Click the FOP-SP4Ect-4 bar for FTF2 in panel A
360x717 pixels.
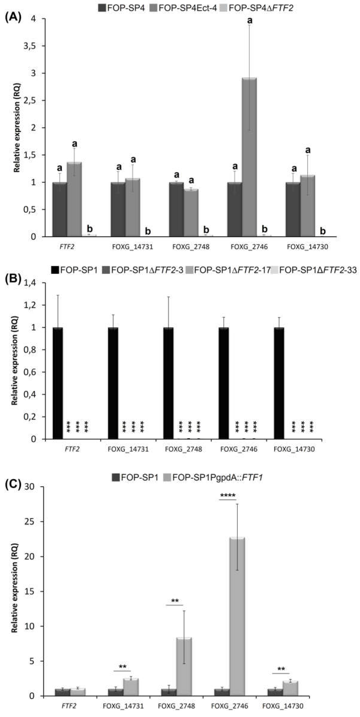coord(74,199)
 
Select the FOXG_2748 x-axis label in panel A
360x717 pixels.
coord(191,247)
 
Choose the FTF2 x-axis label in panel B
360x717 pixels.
coord(72,449)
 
